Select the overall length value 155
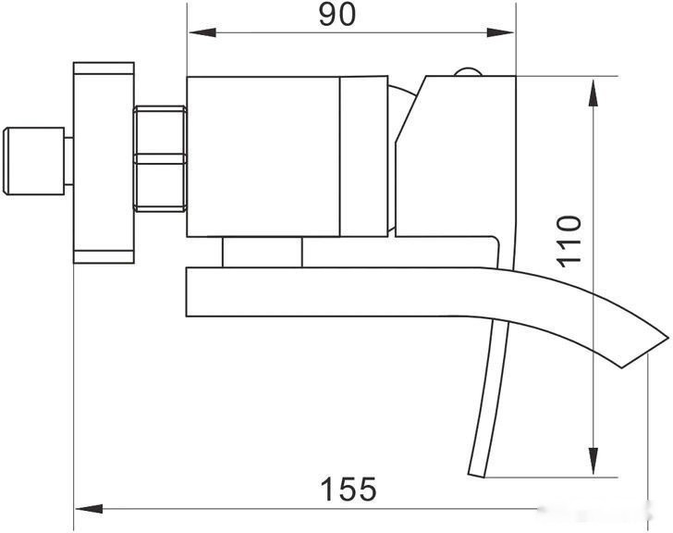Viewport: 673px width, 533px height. pos(348,488)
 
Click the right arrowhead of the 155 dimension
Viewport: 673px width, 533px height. pos(655,508)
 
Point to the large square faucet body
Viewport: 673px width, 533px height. pos(263,156)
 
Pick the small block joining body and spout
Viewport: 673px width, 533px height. pos(263,253)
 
